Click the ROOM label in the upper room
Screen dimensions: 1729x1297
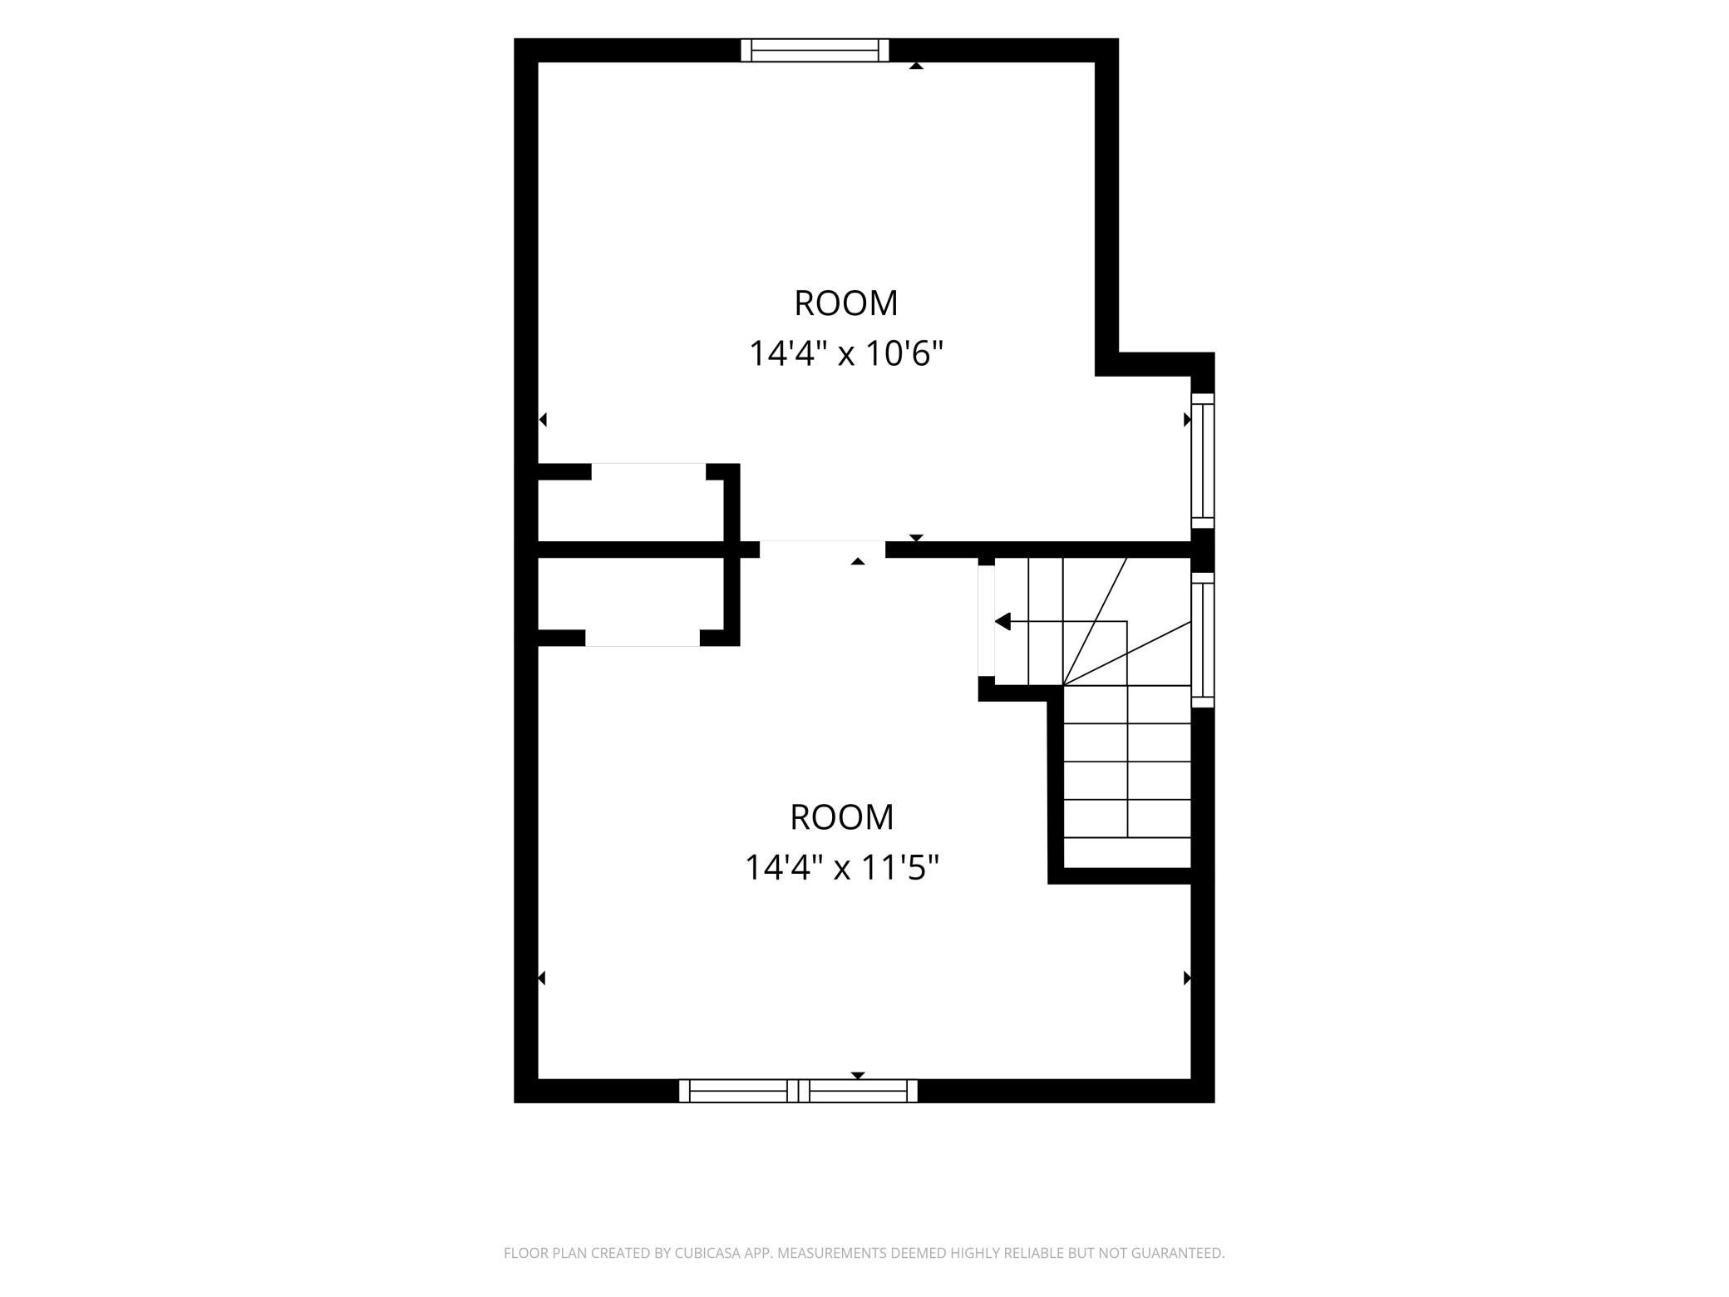[x=846, y=303]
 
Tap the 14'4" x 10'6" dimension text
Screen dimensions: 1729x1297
[x=846, y=354]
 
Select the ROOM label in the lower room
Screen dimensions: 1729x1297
[x=841, y=817]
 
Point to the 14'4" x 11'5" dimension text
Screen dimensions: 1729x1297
[x=841, y=869]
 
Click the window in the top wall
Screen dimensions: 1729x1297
[x=815, y=50]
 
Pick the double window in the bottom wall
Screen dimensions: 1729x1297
[x=798, y=1091]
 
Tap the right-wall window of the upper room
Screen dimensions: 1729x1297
[x=1203, y=461]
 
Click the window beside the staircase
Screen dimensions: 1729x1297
[x=1203, y=639]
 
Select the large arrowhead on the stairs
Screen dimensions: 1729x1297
[x=1002, y=621]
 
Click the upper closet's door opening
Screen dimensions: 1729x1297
[x=648, y=471]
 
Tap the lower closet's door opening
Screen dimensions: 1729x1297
[x=643, y=638]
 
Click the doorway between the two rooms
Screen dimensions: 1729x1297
[x=822, y=549]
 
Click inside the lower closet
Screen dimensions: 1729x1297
[x=630, y=594]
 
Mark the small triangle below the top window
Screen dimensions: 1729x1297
[x=916, y=66]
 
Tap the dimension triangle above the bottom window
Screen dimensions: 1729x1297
[x=858, y=1075]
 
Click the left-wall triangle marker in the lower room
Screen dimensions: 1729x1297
[x=542, y=978]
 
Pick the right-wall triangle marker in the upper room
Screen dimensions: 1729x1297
[x=1187, y=420]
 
